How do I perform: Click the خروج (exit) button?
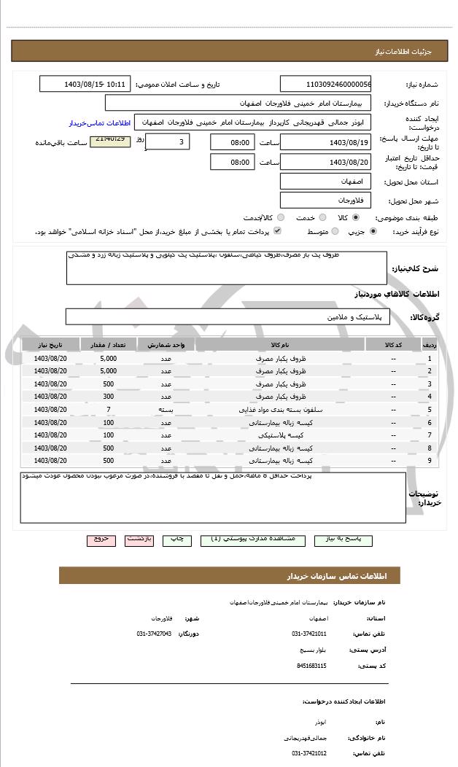(x=101, y=539)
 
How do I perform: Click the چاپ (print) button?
(x=176, y=539)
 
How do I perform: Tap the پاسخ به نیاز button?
(x=343, y=539)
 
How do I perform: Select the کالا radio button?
(x=355, y=217)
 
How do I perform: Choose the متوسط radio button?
(x=335, y=231)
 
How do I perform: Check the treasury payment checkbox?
(x=277, y=231)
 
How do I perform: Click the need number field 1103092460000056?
(x=325, y=84)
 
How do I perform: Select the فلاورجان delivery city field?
(x=325, y=199)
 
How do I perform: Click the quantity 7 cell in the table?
(x=108, y=410)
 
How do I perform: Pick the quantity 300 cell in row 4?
(x=108, y=397)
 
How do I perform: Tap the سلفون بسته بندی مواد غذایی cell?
(x=279, y=410)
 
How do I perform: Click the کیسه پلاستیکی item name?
(x=279, y=435)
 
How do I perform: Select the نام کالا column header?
(x=279, y=344)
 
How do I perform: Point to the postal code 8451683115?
(x=311, y=666)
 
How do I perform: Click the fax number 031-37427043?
(x=154, y=634)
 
